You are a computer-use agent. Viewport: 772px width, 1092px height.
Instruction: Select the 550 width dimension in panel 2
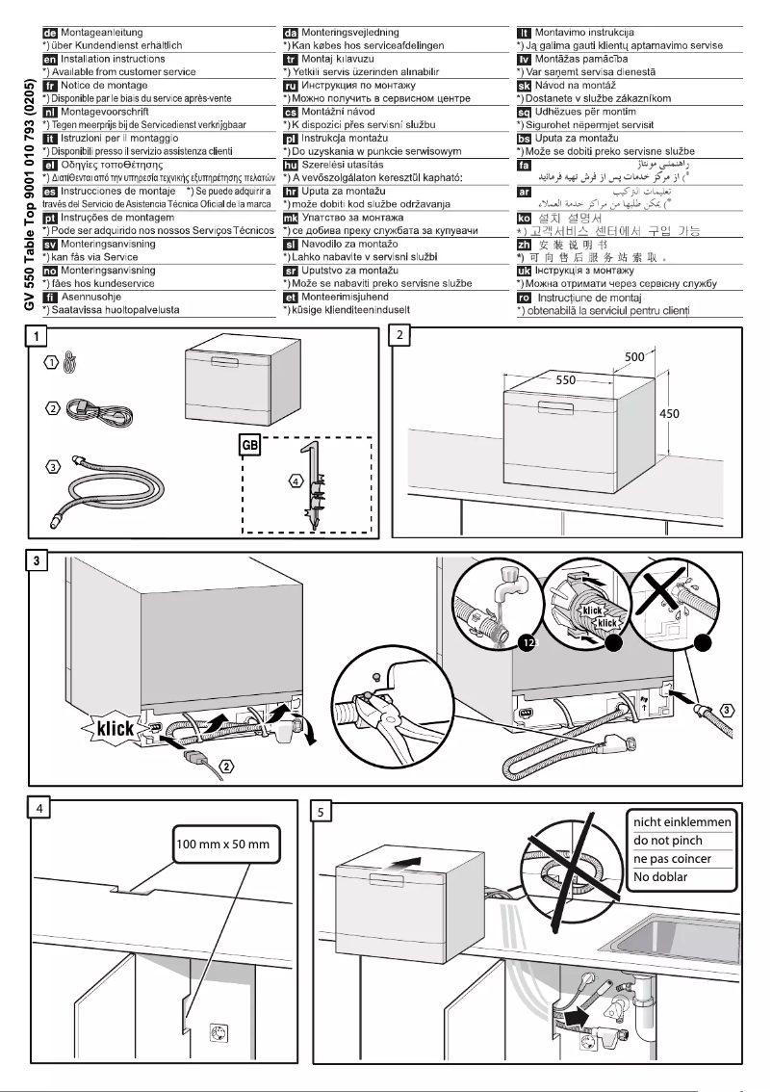(566, 380)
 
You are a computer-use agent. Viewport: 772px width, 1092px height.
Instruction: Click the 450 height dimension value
(670, 413)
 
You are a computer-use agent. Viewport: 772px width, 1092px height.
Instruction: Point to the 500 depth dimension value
(635, 356)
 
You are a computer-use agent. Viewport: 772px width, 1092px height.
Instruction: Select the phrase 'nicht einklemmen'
(682, 822)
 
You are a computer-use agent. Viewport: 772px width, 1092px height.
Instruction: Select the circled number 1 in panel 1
(51, 363)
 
